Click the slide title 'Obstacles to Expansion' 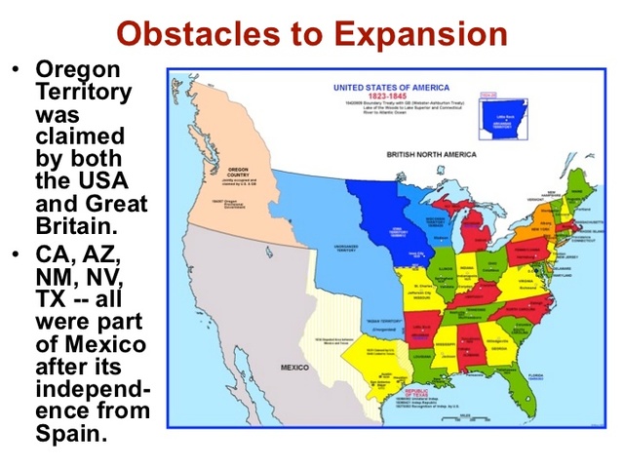pos(311,33)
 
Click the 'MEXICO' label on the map pos(294,367)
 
